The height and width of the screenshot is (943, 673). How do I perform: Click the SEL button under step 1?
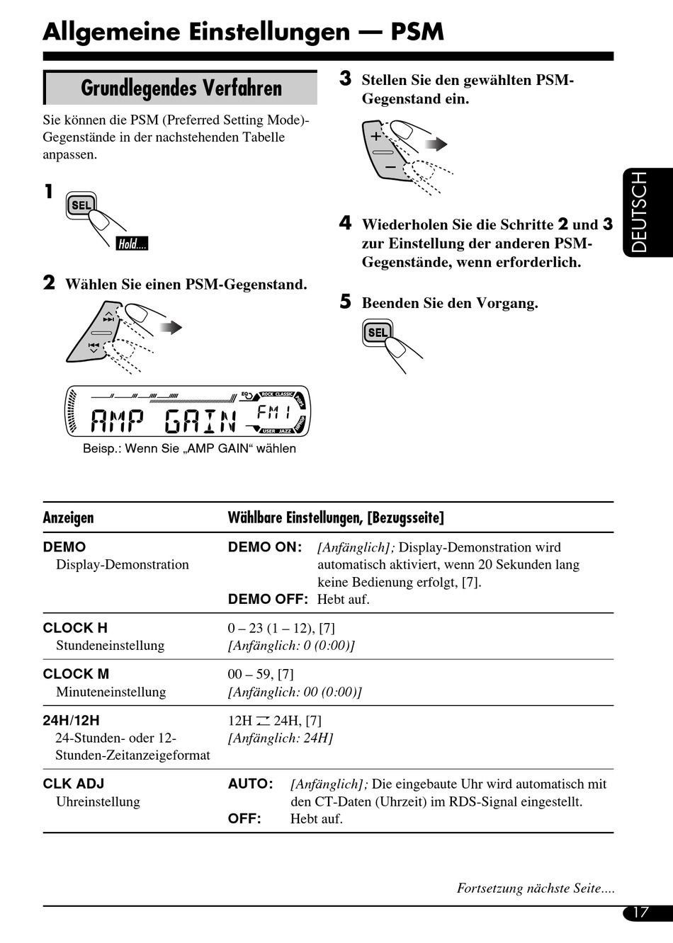click(81, 205)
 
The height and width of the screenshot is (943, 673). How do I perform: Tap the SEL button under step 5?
click(378, 333)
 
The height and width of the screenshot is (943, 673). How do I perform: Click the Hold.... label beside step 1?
click(132, 244)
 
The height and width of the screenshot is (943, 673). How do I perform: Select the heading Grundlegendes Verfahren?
click(181, 88)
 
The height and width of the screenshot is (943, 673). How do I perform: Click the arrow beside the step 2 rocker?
click(171, 327)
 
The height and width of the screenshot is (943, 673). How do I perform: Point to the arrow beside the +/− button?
click(436, 144)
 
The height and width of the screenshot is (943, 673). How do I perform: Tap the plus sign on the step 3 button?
click(376, 137)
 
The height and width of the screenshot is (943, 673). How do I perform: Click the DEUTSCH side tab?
click(640, 212)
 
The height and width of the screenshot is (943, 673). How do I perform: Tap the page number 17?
click(640, 912)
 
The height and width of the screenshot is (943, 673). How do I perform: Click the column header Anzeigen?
click(68, 518)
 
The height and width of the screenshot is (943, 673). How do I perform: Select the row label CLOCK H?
click(75, 628)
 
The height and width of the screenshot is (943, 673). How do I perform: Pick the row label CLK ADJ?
click(74, 784)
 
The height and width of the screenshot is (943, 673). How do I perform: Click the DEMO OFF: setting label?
click(268, 599)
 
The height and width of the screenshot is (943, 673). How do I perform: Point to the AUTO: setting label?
click(251, 784)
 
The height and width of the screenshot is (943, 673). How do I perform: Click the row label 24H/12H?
click(71, 721)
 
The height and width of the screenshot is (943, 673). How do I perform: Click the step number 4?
click(345, 224)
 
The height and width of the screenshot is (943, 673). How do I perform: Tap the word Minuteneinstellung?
click(111, 692)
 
